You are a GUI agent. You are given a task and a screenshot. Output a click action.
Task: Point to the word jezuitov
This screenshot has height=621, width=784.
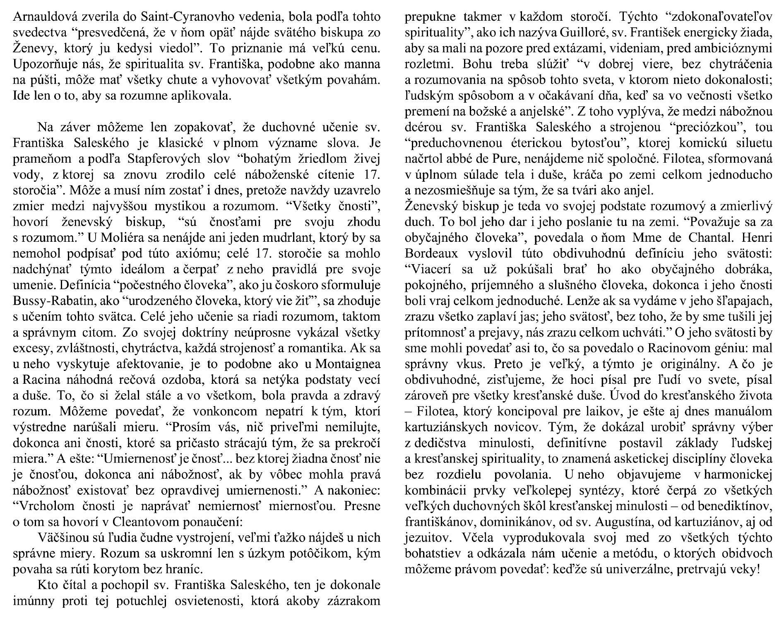point(425,537)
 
